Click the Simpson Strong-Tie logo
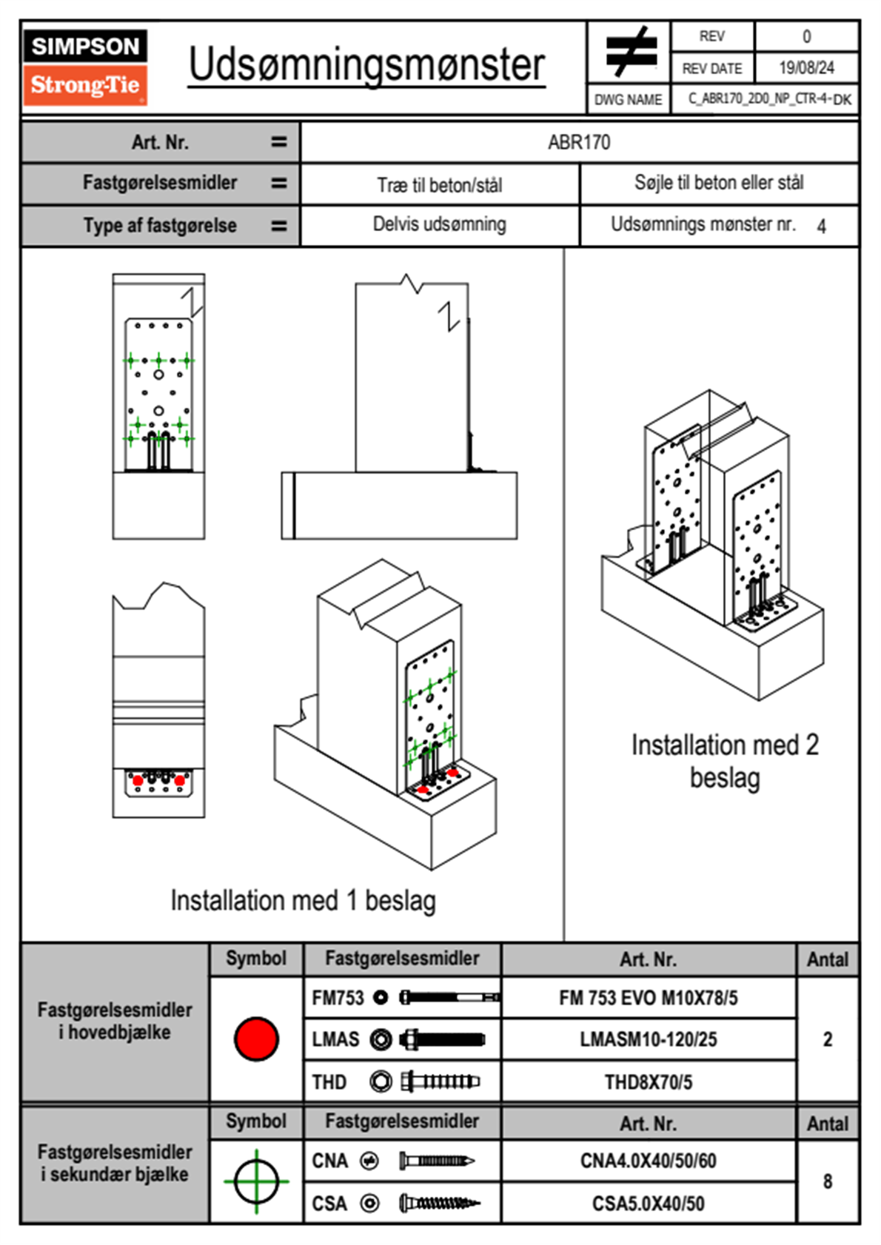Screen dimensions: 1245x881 (x=85, y=67)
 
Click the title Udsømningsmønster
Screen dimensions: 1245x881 (x=366, y=65)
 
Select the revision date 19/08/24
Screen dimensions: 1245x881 (x=806, y=68)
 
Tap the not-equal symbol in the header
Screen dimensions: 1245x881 (x=630, y=52)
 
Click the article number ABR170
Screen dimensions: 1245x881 (x=579, y=142)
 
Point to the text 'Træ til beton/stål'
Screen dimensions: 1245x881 (x=440, y=185)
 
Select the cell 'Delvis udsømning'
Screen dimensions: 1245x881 (x=440, y=224)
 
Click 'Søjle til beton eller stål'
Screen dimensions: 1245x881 (x=719, y=183)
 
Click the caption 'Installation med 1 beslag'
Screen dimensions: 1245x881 (x=303, y=901)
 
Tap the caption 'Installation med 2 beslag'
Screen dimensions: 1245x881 (x=725, y=761)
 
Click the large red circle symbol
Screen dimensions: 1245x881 (x=256, y=1038)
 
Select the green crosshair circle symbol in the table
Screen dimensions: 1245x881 (x=256, y=1181)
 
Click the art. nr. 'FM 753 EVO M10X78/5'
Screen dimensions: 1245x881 (x=649, y=998)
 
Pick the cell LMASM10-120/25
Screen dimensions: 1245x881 (x=649, y=1039)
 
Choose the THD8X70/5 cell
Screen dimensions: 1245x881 (x=649, y=1082)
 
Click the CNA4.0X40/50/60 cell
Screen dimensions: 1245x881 (x=649, y=1161)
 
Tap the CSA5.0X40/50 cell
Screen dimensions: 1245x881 (x=649, y=1204)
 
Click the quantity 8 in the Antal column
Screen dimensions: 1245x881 (x=828, y=1181)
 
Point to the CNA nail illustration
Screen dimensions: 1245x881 (x=437, y=1161)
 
